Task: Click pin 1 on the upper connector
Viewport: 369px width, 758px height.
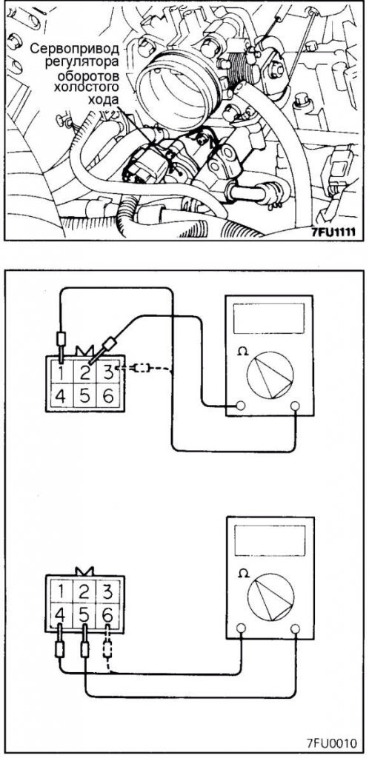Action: coord(61,373)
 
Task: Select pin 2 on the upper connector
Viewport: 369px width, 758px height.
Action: coord(84,373)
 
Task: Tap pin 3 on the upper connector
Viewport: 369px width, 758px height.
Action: coord(107,373)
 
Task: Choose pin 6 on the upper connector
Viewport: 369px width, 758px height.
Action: coord(107,398)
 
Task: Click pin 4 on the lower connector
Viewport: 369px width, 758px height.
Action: coord(60,615)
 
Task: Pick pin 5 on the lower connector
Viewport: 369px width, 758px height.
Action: coord(84,615)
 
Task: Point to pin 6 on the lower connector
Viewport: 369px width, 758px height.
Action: coord(107,615)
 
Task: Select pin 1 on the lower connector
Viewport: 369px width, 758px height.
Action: coord(60,591)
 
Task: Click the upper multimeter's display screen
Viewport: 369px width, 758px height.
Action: coord(268,318)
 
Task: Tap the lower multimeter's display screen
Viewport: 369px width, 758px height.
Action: coord(270,540)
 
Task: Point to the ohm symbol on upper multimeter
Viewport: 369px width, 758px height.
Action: coord(242,352)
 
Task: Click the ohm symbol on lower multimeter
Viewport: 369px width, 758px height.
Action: coord(243,574)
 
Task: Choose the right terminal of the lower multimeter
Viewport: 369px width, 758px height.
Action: coord(294,628)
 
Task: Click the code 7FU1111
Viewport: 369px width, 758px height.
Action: coord(333,232)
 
